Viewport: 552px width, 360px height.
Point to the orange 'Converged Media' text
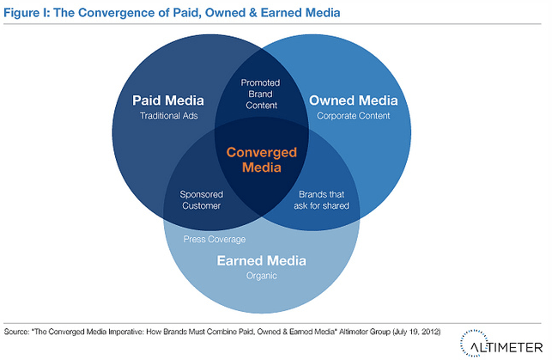point(261,160)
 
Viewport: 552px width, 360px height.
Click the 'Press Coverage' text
point(215,239)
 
